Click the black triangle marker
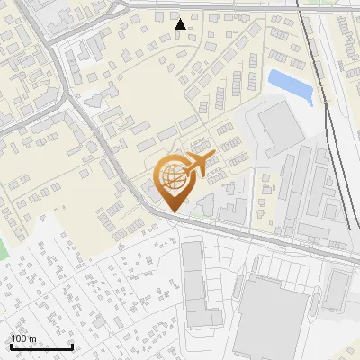181,24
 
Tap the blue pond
291,84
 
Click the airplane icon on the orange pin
195,166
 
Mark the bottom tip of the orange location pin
172,211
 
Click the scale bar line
41,347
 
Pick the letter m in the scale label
32,339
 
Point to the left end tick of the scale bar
11,346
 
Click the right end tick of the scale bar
72,346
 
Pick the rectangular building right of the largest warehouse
336,288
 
